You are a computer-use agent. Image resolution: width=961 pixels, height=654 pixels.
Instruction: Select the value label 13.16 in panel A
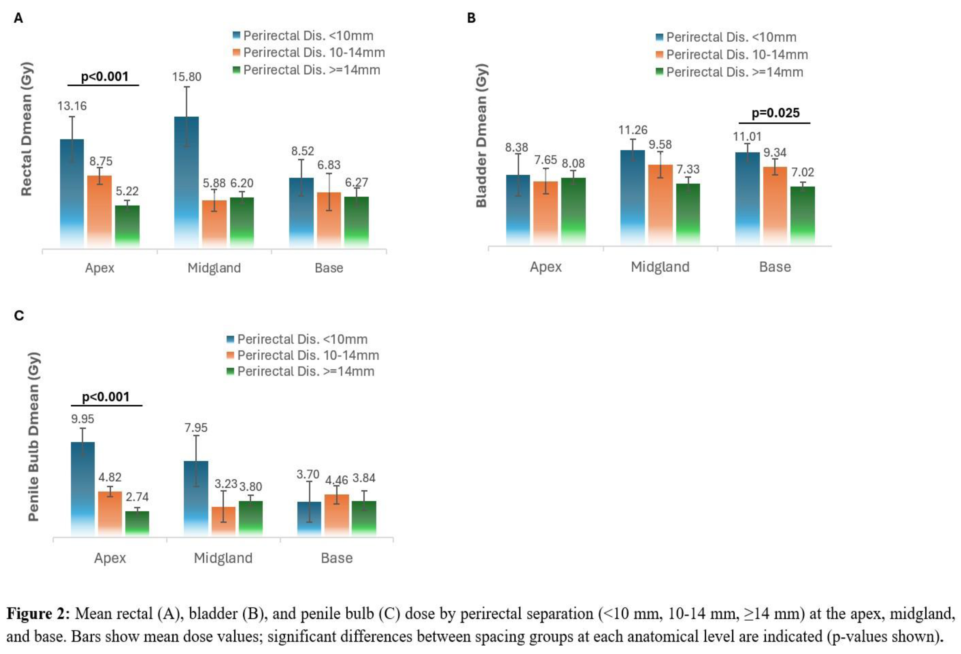tap(72, 106)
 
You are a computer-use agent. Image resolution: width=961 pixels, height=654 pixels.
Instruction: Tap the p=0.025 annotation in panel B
tap(775, 113)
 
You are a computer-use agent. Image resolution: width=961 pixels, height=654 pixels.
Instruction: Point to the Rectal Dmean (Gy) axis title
tap(26, 129)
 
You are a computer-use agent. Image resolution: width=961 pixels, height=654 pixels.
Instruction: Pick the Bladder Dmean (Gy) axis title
tap(481, 135)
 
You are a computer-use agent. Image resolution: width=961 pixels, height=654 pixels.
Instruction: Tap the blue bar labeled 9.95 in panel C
tap(83, 488)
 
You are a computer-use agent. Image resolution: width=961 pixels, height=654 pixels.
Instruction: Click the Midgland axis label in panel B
tap(660, 267)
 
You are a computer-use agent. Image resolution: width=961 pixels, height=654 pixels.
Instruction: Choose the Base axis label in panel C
tap(337, 558)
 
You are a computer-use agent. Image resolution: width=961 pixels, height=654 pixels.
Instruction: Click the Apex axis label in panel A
tap(100, 268)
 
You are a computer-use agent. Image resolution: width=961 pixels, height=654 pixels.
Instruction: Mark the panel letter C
tap(19, 316)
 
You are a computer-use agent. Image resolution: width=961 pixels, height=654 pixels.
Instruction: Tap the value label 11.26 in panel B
tap(633, 130)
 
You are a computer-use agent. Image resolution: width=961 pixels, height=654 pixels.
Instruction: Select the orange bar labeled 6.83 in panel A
tap(329, 219)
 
